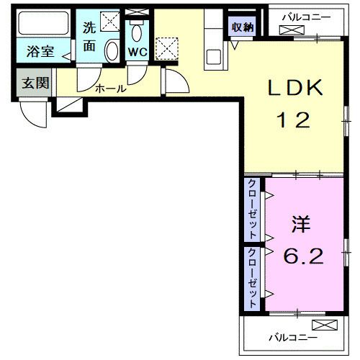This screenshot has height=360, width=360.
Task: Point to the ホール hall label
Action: [111, 89]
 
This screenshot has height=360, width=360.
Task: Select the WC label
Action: [137, 52]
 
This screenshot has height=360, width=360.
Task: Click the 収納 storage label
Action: [242, 27]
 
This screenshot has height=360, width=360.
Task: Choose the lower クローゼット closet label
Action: [253, 279]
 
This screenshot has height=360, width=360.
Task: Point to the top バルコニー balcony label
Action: [306, 15]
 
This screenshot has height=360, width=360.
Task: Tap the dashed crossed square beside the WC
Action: [168, 49]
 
